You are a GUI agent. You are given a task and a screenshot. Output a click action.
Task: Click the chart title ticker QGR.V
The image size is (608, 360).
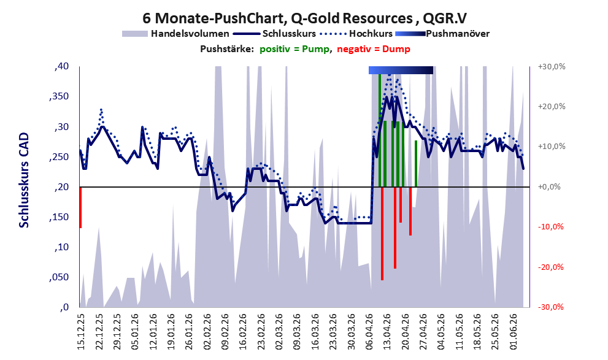coord(445,18)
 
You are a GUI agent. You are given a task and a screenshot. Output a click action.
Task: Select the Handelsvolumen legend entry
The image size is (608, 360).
coord(175,34)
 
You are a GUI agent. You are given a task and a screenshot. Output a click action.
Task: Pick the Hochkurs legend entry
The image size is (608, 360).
coord(356,34)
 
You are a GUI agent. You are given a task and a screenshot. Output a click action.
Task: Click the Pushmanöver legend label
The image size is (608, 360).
coord(458,34)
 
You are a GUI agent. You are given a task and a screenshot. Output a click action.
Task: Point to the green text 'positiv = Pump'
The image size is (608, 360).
coord(294,49)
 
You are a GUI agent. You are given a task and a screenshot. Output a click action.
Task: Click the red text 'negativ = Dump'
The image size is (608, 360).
coord(374,49)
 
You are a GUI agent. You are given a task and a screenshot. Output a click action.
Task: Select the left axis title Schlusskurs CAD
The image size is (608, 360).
coord(24,180)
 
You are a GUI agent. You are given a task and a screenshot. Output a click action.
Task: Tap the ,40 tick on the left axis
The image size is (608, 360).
coord(61,66)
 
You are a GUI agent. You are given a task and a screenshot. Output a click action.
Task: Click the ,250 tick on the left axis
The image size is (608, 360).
coord(59,157)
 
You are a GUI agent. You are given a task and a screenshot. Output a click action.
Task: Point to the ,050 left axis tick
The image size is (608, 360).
coord(59,277)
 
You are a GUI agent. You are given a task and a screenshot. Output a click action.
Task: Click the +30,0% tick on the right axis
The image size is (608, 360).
coord(552,67)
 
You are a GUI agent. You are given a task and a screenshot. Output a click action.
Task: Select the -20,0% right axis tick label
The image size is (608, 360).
coord(550,267)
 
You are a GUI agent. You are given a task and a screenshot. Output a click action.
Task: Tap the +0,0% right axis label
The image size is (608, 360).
coord(549,187)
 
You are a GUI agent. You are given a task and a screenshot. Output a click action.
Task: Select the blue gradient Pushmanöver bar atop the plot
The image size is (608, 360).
coord(401,70)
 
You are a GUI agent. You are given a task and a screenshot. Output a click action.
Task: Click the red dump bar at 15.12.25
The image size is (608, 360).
coord(80,207)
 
